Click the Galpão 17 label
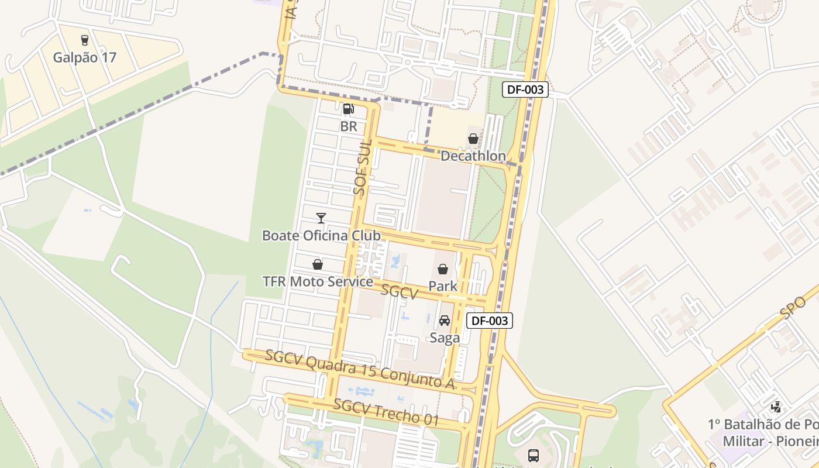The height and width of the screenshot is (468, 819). tap(85, 57)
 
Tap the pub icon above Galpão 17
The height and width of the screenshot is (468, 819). tap(85, 40)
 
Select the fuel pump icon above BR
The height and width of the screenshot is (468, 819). tap(348, 108)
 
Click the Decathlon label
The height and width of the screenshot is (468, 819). tap(473, 156)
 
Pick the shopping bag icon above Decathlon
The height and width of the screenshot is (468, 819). tap(473, 139)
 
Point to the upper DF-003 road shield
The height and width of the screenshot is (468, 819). tap(525, 90)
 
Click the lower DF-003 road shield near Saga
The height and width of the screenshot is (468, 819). tap(490, 321)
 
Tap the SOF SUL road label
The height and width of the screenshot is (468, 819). tap(363, 167)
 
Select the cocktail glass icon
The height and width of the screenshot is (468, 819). tap(321, 218)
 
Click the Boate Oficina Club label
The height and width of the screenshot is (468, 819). tap(321, 235)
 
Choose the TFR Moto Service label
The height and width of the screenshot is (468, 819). tap(318, 281)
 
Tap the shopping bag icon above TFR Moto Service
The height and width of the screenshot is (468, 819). tap(318, 265)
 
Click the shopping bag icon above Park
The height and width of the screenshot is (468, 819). tap(443, 270)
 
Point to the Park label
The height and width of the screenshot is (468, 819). tap(443, 286)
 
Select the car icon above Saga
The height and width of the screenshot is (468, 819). tap(445, 321)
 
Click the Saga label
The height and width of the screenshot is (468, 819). tap(445, 338)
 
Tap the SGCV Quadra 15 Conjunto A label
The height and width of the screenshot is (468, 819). tap(360, 369)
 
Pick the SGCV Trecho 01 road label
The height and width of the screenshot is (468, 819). tap(386, 411)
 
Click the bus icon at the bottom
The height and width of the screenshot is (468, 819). tap(533, 455)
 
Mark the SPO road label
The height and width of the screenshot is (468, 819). tap(793, 306)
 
